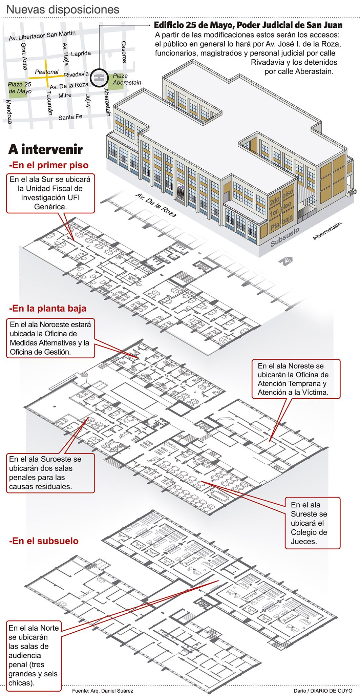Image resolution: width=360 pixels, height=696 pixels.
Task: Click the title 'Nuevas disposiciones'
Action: tap(63, 9)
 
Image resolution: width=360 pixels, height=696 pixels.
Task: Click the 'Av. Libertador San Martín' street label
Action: tap(42, 36)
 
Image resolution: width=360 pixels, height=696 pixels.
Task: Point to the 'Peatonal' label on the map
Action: tap(47, 72)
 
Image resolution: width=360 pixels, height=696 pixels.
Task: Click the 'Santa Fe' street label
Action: tap(70, 117)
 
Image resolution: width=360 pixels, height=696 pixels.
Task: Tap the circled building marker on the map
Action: tap(99, 78)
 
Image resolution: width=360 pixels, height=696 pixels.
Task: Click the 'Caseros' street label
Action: tap(124, 52)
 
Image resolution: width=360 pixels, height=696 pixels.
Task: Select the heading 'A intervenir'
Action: tap(45, 149)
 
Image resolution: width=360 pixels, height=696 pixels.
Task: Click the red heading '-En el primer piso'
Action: tap(49, 165)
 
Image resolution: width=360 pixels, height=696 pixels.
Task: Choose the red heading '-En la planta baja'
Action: tap(48, 309)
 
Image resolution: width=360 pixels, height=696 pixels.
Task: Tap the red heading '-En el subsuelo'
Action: tap(44, 541)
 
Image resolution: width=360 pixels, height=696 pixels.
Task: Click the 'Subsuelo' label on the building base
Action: tap(285, 237)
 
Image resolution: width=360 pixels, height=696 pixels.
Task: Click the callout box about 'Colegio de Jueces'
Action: tap(312, 523)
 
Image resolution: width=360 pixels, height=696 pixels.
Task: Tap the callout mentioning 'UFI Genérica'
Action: tap(50, 193)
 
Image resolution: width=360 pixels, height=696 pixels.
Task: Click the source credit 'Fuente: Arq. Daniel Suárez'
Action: tap(103, 691)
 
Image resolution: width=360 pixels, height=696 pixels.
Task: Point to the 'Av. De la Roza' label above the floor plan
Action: tap(156, 205)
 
